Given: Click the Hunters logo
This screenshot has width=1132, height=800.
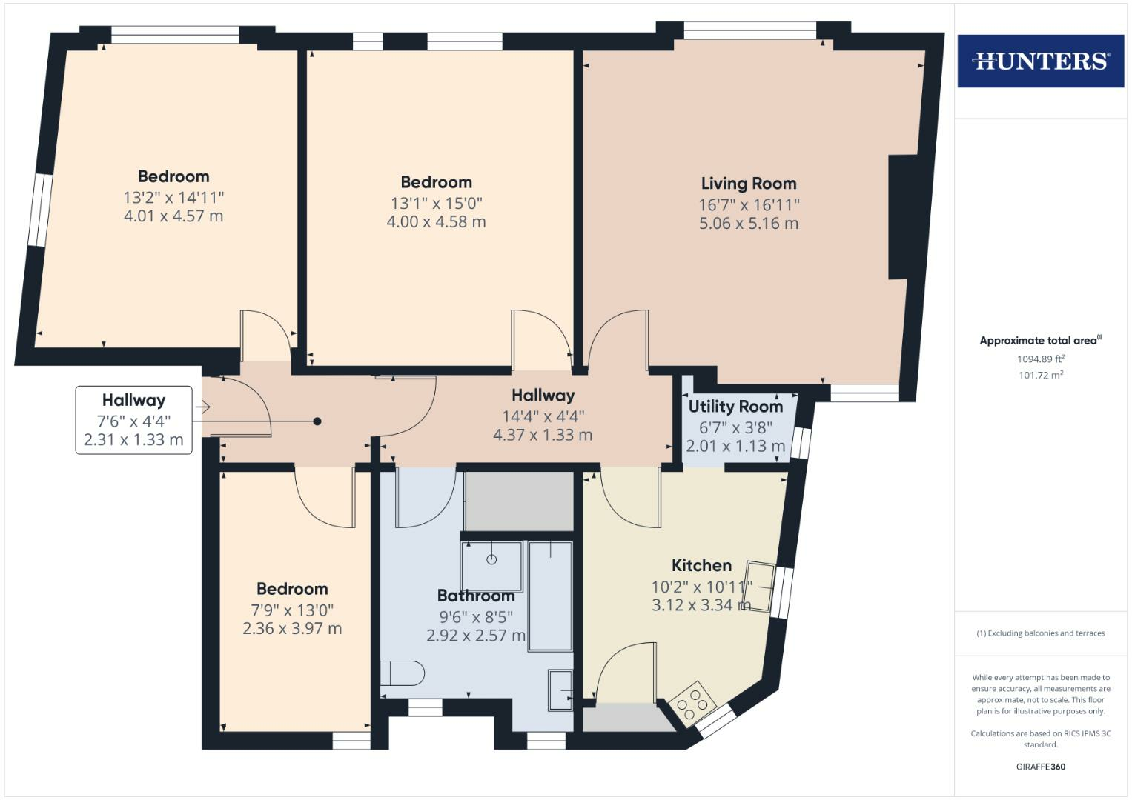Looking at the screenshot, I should click(1040, 61).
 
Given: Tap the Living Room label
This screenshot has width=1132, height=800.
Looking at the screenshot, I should click(748, 184).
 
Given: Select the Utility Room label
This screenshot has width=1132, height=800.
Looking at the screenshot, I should click(735, 407).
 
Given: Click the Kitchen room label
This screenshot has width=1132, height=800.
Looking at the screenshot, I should click(701, 566).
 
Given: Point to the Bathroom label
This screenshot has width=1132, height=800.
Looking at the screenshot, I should click(475, 596).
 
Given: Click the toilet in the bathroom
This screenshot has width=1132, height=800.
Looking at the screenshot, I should click(403, 673).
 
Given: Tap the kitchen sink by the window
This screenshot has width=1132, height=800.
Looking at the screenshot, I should click(761, 586).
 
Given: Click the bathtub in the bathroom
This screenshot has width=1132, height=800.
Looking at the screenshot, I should click(550, 596).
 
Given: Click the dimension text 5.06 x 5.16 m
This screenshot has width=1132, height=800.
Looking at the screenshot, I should click(748, 224).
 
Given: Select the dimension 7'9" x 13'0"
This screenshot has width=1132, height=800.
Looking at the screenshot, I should click(292, 610).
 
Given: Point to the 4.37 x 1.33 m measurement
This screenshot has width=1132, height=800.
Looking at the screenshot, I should click(543, 436).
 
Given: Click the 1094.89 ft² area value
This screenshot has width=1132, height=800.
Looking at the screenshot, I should click(1040, 359).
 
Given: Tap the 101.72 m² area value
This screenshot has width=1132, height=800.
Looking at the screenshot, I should click(1040, 376).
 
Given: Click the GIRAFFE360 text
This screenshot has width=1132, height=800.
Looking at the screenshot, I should click(1040, 767).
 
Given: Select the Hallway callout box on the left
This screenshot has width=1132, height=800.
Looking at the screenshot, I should click(133, 420).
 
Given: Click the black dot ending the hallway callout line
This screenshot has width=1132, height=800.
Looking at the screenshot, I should click(317, 421).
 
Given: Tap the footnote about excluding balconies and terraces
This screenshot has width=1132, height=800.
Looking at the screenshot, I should click(1040, 633).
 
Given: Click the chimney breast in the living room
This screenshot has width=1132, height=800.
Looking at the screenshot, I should click(902, 217).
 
